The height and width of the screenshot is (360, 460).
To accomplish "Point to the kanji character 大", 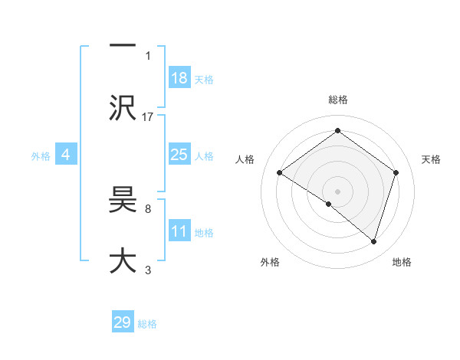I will tap(123, 261).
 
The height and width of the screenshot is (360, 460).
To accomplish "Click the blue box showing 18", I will tap(179, 77).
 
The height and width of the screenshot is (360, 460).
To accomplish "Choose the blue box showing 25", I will tap(179, 155).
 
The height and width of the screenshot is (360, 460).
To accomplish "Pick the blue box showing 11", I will tap(179, 231).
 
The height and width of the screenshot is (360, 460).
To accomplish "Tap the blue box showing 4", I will tap(66, 155).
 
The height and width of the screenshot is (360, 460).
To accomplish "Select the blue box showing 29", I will tap(123, 322).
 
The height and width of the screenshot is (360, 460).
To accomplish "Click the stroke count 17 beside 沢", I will tap(148, 116).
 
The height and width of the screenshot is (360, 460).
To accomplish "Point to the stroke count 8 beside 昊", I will tap(148, 208).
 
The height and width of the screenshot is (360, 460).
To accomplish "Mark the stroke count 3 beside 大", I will tap(148, 269).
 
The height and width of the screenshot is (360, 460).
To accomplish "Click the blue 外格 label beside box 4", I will tap(40, 155).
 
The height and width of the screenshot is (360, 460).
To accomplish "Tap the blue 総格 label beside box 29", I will tap(147, 324).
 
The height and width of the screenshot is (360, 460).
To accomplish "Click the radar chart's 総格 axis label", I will tap(337, 100).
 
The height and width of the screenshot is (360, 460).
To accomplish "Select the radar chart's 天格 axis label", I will tap(432, 159).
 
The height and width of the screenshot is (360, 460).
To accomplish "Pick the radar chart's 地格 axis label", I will tap(402, 263).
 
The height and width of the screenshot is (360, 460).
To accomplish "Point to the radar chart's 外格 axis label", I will tap(270, 263).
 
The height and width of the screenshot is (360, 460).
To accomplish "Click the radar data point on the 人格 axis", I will tap(280, 173).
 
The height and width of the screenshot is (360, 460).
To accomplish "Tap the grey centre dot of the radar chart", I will tap(337, 191).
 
